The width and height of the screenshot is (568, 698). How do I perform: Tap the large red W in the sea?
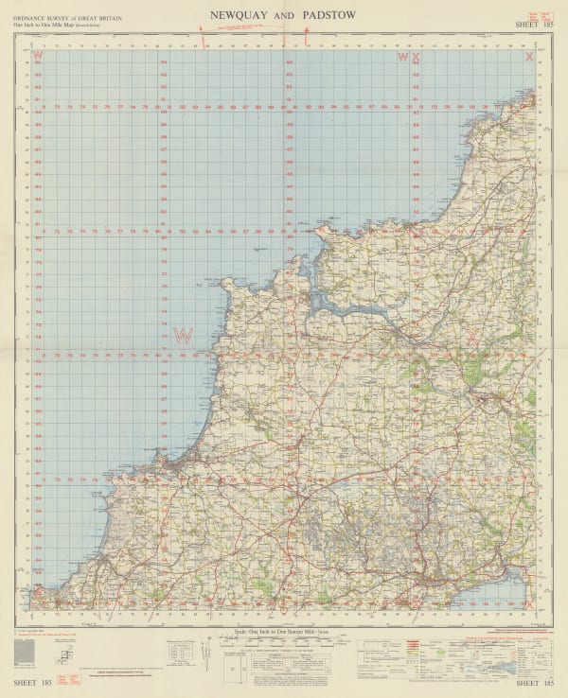183,335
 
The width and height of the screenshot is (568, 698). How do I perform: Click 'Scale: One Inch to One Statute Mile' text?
284,630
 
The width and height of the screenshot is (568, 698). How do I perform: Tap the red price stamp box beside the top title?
543,17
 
